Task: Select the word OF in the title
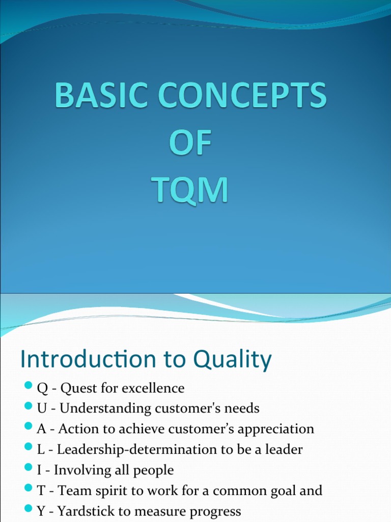pos(190,144)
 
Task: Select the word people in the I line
pos(154,471)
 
